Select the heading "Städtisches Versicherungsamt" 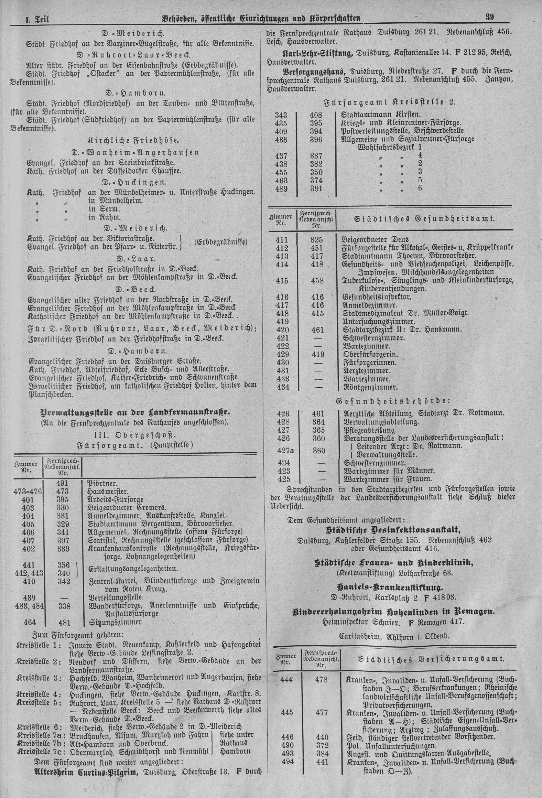[430, 659]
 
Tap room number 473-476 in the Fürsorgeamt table [28, 491]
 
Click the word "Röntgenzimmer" [370, 387]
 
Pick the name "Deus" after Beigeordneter [400, 239]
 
